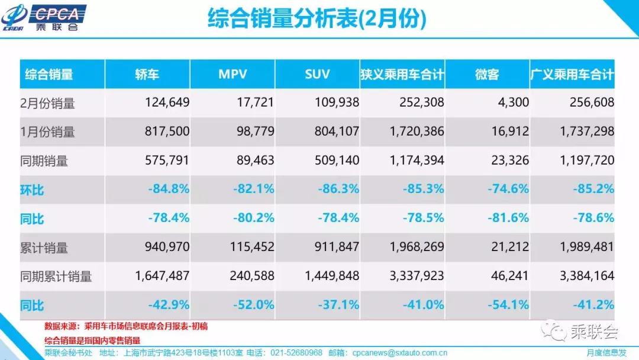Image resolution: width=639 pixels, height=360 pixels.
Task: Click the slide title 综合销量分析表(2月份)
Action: pyautogui.click(x=317, y=19)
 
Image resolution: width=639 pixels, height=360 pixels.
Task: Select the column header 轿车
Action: pyautogui.click(x=147, y=74)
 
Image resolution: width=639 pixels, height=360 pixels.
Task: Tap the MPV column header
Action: pyautogui.click(x=232, y=74)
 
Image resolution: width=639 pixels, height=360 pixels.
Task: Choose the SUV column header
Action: pyautogui.click(x=317, y=74)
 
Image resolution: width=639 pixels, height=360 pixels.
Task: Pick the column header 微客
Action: pyautogui.click(x=487, y=74)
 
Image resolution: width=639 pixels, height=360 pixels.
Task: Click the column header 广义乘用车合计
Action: pyautogui.click(x=572, y=74)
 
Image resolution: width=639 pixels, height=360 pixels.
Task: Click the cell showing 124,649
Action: pyautogui.click(x=167, y=102)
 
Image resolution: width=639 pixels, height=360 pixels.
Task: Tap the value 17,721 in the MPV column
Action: pyautogui.click(x=254, y=102)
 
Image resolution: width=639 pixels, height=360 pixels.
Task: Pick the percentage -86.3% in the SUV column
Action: pyautogui.click(x=338, y=189)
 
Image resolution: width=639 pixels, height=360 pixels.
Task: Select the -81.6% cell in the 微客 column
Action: pyautogui.click(x=508, y=218)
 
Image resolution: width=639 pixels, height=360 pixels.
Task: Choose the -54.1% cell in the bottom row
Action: pyautogui.click(x=508, y=305)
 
